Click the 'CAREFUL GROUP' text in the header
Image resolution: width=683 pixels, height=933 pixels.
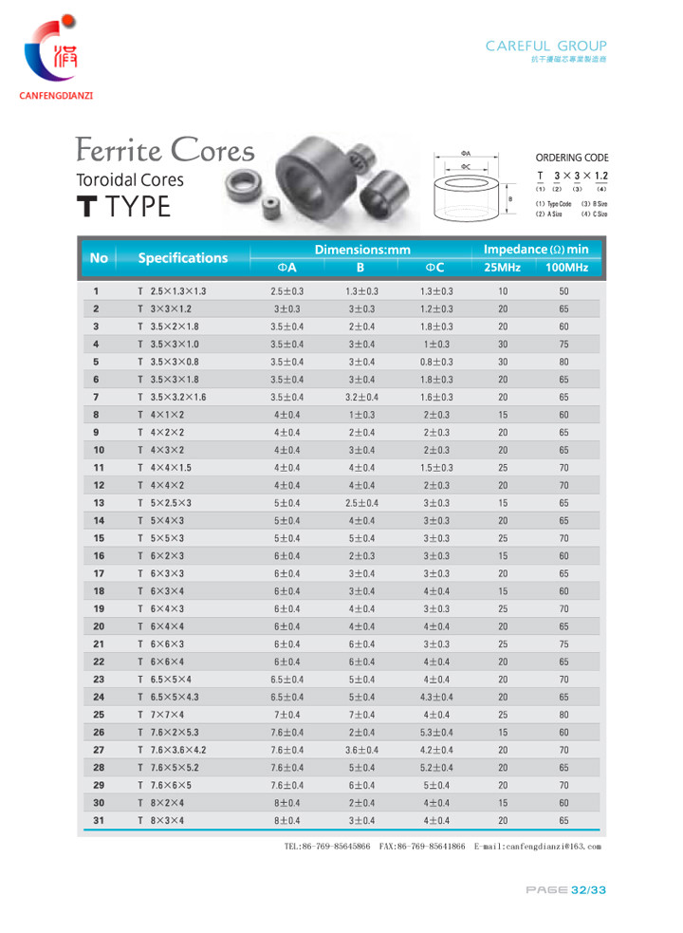coord(545,46)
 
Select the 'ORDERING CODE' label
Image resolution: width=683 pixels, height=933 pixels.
coord(571,158)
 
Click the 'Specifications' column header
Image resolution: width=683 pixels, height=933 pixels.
coord(183,258)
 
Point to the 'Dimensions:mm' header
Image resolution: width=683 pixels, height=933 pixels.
coord(361,250)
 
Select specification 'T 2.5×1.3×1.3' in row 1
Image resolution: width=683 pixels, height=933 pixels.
coord(172,290)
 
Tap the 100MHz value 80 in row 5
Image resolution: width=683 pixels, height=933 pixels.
coord(564,362)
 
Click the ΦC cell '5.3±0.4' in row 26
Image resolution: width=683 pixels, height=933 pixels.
coord(436,732)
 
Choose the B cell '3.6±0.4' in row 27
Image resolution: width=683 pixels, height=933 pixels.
coord(360,750)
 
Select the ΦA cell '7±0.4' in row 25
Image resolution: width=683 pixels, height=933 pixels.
coord(286,714)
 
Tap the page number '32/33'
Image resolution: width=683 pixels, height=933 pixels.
coord(587,889)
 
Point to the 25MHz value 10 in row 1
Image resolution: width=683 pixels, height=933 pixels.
coord(503,290)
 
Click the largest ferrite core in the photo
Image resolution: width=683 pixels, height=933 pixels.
coord(319,171)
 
